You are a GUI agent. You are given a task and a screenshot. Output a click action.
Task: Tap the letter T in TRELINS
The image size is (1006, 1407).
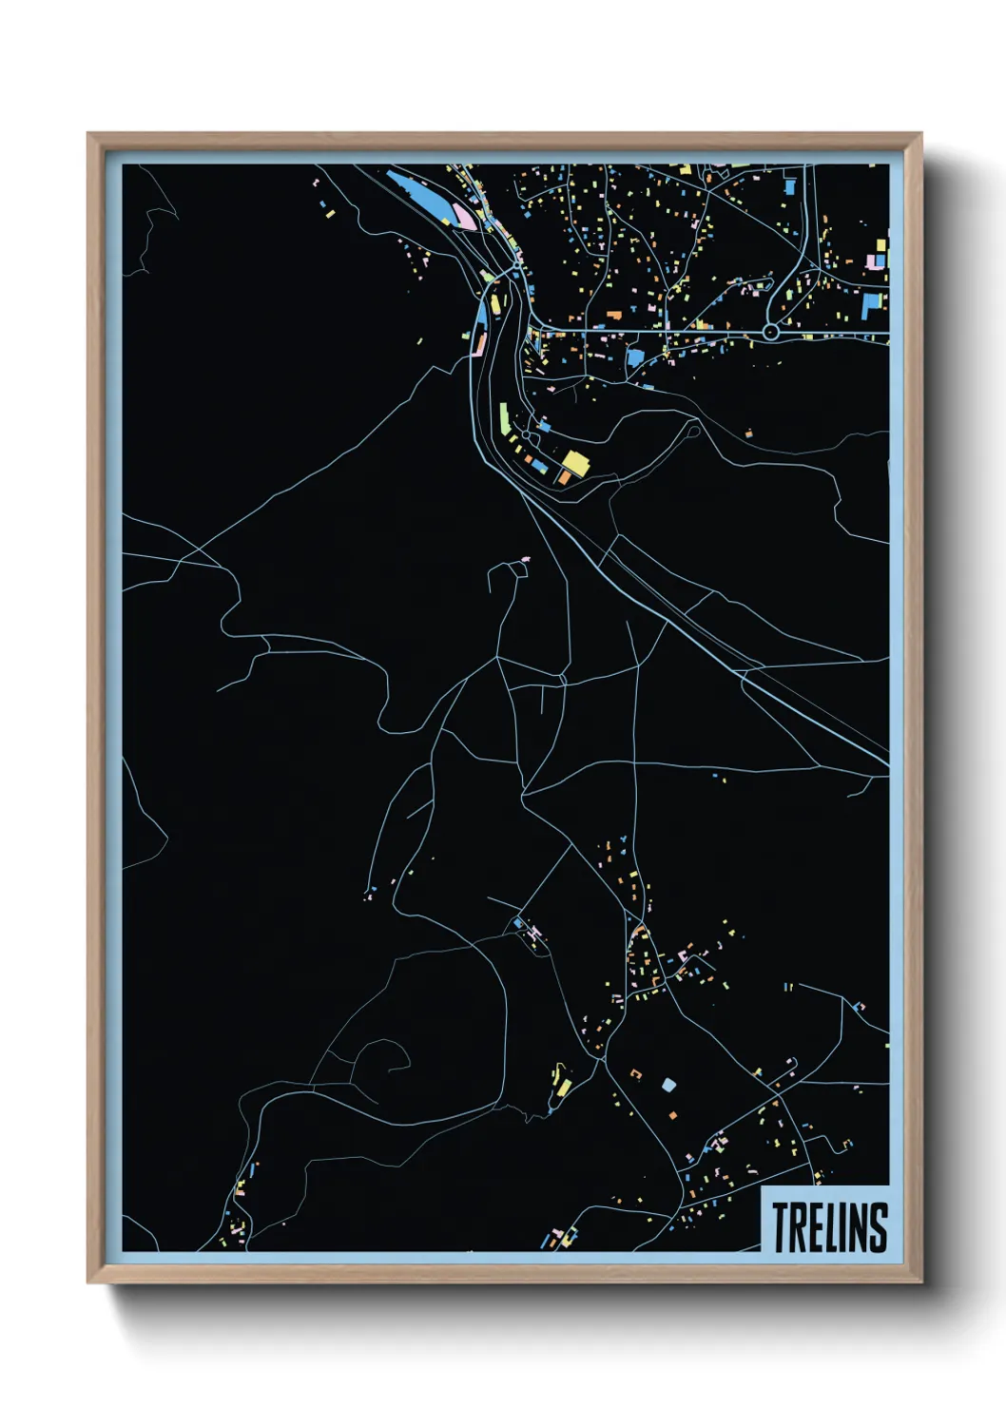click(781, 1226)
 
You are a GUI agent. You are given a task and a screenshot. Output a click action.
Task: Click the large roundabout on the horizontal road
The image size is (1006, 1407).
click(770, 332)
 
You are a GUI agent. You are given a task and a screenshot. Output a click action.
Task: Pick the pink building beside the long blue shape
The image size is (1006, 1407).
click(465, 217)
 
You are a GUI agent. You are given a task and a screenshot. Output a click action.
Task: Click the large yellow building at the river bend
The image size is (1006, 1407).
click(574, 463)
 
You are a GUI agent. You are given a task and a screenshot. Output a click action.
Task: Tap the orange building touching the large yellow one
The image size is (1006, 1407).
click(564, 476)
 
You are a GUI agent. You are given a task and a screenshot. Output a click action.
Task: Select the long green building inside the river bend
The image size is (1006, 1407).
click(504, 416)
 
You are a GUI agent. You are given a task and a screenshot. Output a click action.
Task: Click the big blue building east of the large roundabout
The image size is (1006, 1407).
click(871, 306)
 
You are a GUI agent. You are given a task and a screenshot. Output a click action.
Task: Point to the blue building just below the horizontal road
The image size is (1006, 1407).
click(634, 357)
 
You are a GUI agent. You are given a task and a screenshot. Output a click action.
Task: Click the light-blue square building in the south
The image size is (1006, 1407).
click(668, 1084)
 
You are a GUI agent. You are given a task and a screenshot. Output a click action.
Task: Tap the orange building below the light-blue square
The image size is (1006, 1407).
click(672, 1113)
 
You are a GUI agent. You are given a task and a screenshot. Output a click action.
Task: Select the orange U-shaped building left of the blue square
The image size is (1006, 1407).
click(636, 1074)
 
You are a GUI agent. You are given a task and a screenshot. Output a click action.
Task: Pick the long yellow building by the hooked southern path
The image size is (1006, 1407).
click(564, 1087)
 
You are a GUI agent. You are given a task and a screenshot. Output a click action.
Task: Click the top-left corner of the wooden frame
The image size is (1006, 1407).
click(89, 135)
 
